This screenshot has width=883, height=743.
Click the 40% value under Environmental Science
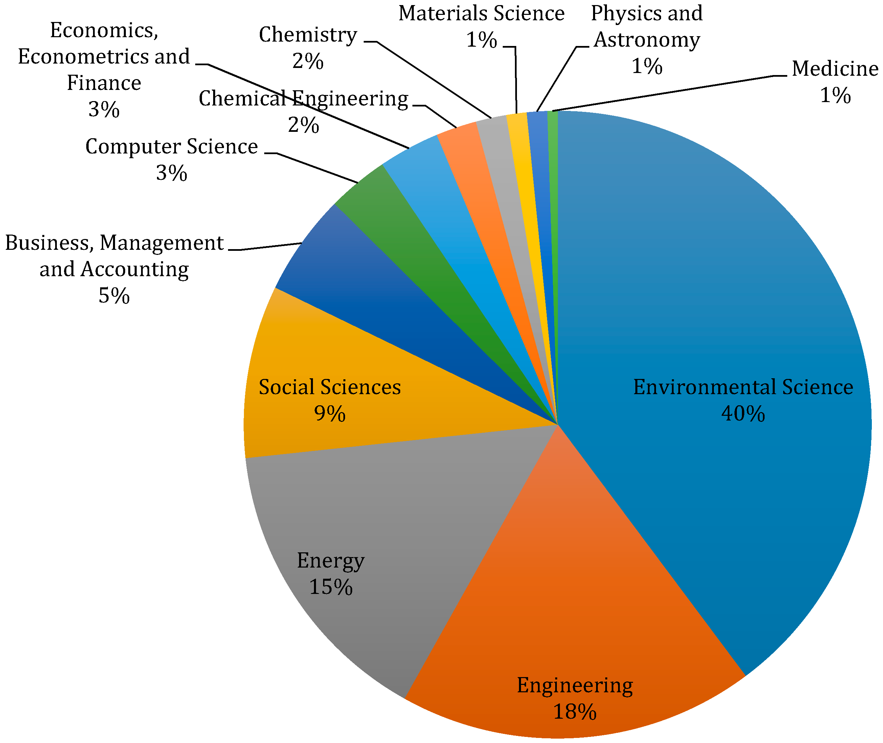tap(743, 414)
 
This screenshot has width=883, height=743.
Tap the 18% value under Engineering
tap(574, 712)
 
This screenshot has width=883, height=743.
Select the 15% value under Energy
tap(331, 587)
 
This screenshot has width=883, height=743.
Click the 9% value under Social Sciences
tap(330, 414)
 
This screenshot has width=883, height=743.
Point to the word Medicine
tap(835, 69)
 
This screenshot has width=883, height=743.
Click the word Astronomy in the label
tap(647, 40)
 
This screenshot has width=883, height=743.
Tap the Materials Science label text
tap(481, 14)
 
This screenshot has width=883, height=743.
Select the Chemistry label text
tap(308, 34)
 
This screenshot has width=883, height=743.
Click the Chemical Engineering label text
tap(303, 99)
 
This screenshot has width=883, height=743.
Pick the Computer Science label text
tap(172, 147)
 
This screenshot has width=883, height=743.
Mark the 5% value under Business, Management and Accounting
tap(114, 296)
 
